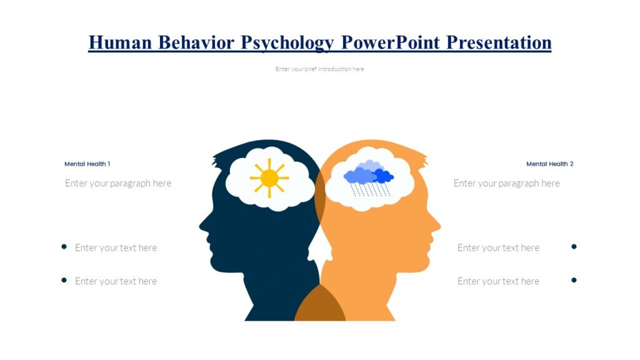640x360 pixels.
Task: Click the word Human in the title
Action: click(120, 42)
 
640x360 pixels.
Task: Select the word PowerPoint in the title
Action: click(392, 42)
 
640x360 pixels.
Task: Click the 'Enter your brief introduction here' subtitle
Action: click(319, 69)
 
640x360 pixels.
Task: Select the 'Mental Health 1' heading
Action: click(87, 164)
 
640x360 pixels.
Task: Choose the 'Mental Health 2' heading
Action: click(549, 164)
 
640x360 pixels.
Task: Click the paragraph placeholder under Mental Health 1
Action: click(118, 183)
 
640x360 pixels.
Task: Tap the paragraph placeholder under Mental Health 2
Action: click(506, 183)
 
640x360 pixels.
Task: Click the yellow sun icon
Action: click(269, 178)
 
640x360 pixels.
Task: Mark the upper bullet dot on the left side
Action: click(64, 247)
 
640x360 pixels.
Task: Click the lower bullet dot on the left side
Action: click(64, 280)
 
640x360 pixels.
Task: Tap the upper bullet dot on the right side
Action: click(574, 247)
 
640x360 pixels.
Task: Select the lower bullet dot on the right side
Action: click(574, 280)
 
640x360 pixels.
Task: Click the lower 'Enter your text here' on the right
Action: click(498, 281)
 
